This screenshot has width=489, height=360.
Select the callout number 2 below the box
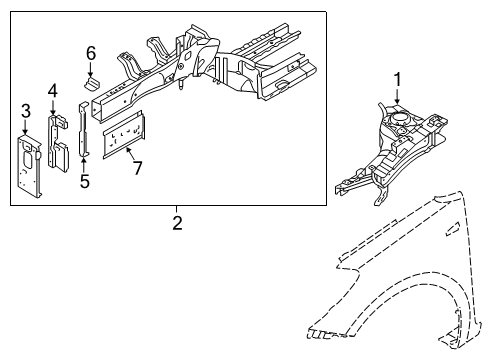(176, 222)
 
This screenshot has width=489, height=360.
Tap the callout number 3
(26, 109)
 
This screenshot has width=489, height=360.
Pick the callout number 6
(90, 52)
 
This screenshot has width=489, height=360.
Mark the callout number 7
(138, 166)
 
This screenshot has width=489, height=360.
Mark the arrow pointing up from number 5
(84, 162)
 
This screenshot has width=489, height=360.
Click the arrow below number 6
(90, 68)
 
